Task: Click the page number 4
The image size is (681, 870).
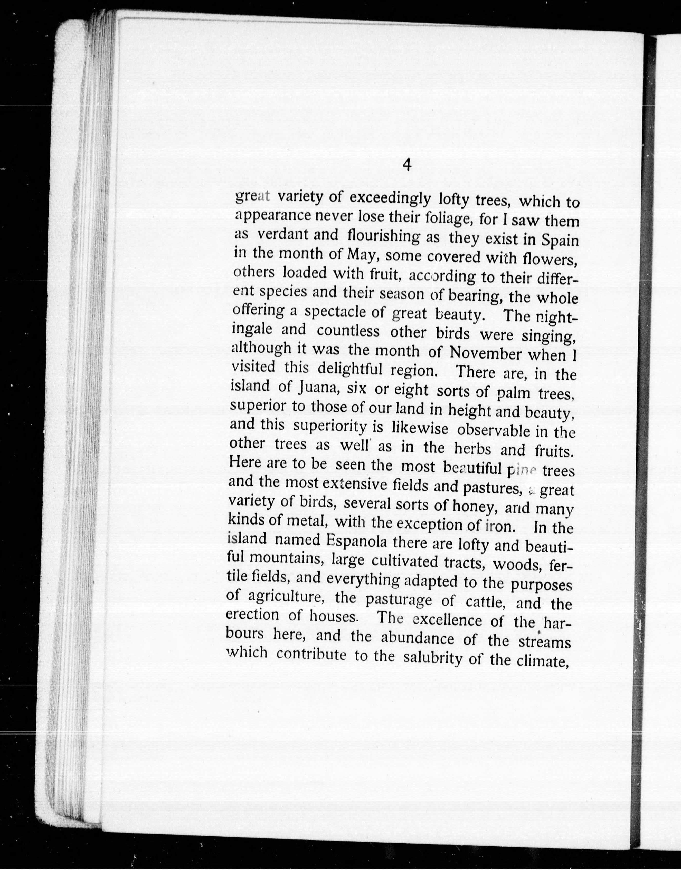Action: (407, 165)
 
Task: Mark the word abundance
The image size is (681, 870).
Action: (418, 639)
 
